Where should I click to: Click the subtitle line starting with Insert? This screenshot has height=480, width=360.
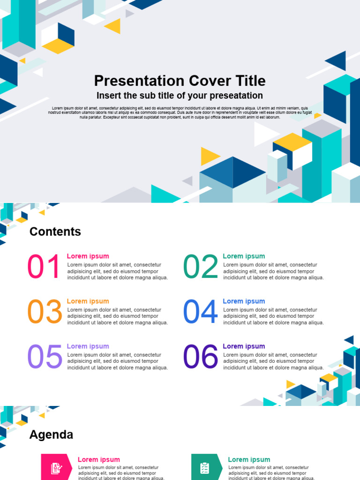(180, 96)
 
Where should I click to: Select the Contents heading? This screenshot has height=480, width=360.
(55, 232)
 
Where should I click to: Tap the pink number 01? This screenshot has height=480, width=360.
(44, 267)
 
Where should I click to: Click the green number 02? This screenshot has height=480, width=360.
(201, 267)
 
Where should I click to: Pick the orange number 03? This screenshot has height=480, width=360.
(45, 312)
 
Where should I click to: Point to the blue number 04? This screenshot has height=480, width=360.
(201, 312)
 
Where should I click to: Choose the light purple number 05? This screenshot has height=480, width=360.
(45, 357)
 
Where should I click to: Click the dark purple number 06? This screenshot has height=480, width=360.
(201, 357)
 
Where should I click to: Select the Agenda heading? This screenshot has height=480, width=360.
(51, 435)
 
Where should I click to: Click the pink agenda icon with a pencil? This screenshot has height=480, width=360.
(56, 467)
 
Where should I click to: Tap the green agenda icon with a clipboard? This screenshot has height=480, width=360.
(205, 467)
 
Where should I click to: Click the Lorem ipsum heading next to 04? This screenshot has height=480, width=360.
(244, 301)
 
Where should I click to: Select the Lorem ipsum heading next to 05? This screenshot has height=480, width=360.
(88, 346)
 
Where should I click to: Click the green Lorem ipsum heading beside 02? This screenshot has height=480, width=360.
(244, 256)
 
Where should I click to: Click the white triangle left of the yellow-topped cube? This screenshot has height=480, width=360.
(264, 135)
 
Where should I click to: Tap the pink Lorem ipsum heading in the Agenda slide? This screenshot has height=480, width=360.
(98, 460)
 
